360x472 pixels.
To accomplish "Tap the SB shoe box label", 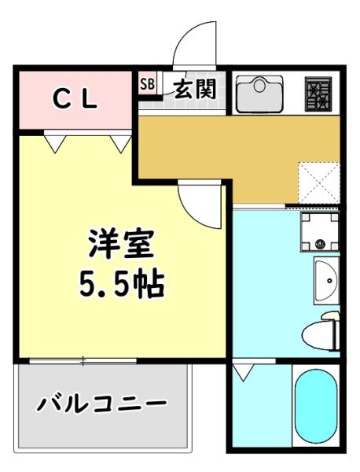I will point(146,83).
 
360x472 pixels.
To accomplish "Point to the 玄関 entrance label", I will point(193,90).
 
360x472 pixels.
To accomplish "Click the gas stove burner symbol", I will point(319,95).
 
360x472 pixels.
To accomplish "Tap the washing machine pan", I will point(319,231).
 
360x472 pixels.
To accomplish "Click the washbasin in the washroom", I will point(325,281).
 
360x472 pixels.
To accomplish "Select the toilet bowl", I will point(321,331).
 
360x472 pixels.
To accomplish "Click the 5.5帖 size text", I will point(122,282).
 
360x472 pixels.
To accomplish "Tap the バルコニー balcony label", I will point(102,405).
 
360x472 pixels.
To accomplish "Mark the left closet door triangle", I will point(56,142).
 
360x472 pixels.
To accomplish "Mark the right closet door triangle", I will point(120,142).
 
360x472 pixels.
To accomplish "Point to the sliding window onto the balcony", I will point(83,360).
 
